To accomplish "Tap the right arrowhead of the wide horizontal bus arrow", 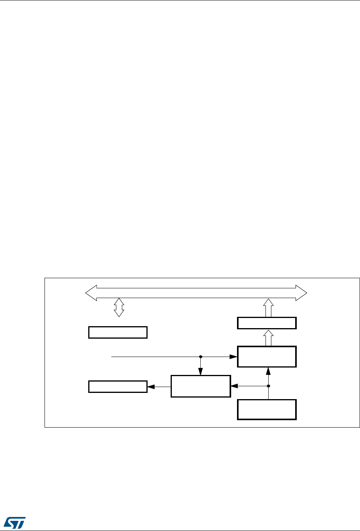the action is tap(301, 293).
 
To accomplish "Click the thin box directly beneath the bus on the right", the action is tap(267, 323).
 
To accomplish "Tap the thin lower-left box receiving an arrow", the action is tap(118, 387).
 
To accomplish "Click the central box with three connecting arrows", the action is tap(201, 386).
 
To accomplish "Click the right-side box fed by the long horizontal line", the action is tap(267, 356).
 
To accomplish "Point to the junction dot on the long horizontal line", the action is tap(201, 357).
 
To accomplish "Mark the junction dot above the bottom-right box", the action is tap(268, 386).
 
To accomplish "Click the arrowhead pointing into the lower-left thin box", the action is tap(150, 387).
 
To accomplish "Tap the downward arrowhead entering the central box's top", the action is tap(201, 373).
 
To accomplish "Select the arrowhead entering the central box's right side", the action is tap(233, 386).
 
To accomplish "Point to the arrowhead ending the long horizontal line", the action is tap(234, 357).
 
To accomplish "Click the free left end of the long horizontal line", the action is tap(112, 357).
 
